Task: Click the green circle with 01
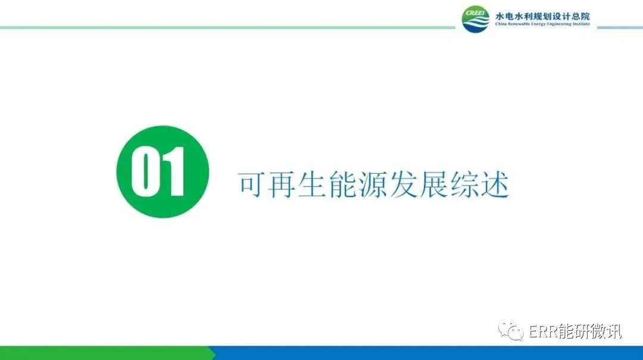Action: coord(163,172)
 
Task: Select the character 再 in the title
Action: coord(281,185)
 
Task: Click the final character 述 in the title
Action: coord(495,185)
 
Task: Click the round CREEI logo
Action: coord(475,19)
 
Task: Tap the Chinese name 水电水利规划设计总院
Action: coord(542,16)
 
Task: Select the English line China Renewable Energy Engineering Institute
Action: coord(542,24)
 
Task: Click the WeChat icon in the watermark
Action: coord(511,330)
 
